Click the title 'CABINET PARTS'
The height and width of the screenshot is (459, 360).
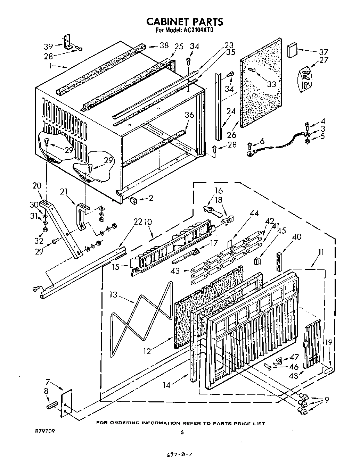184,22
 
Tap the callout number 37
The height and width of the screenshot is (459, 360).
323,52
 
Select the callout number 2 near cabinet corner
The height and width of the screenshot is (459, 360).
150,198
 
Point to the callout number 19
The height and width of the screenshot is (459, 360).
328,343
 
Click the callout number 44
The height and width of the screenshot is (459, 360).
254,214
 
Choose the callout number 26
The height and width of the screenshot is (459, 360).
231,135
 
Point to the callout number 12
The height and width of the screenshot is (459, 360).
147,351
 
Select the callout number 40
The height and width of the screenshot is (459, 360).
296,237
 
